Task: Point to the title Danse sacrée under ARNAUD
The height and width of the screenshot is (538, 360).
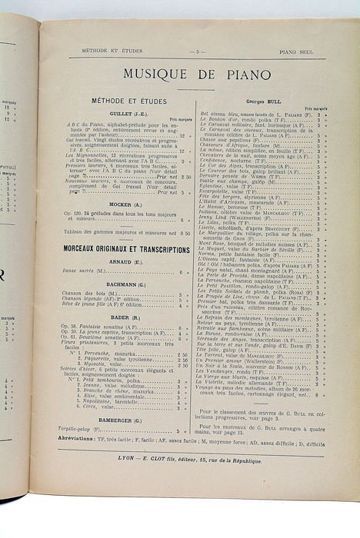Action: tap(82, 272)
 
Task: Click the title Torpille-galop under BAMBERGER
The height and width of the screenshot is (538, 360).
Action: tap(82, 430)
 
